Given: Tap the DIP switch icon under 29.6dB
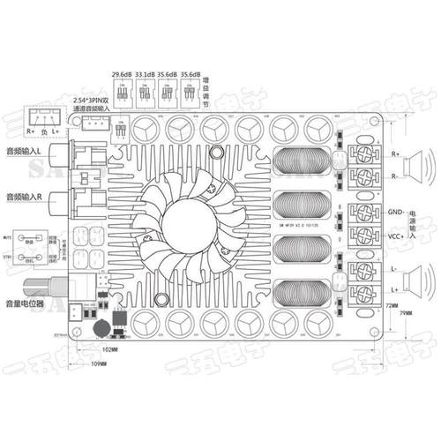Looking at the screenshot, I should pos(121,90).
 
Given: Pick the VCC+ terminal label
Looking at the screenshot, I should pos(395,236).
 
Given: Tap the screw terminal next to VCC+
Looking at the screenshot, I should pos(364,236).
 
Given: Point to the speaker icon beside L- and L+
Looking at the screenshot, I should pos(417,276).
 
